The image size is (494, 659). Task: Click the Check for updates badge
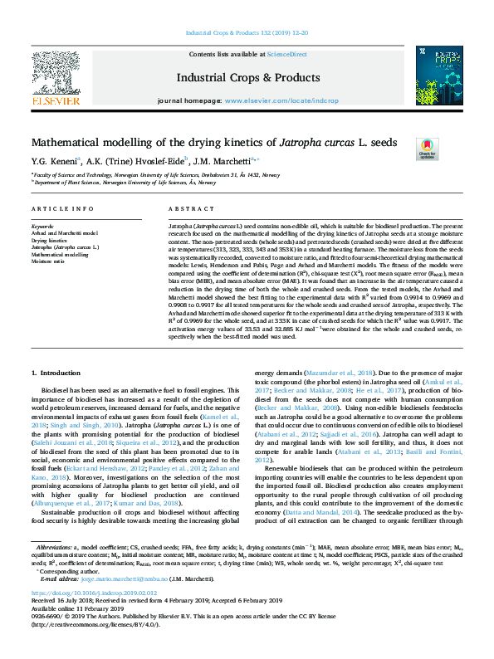tap(428, 149)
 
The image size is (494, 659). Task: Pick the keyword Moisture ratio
tap(48, 261)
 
